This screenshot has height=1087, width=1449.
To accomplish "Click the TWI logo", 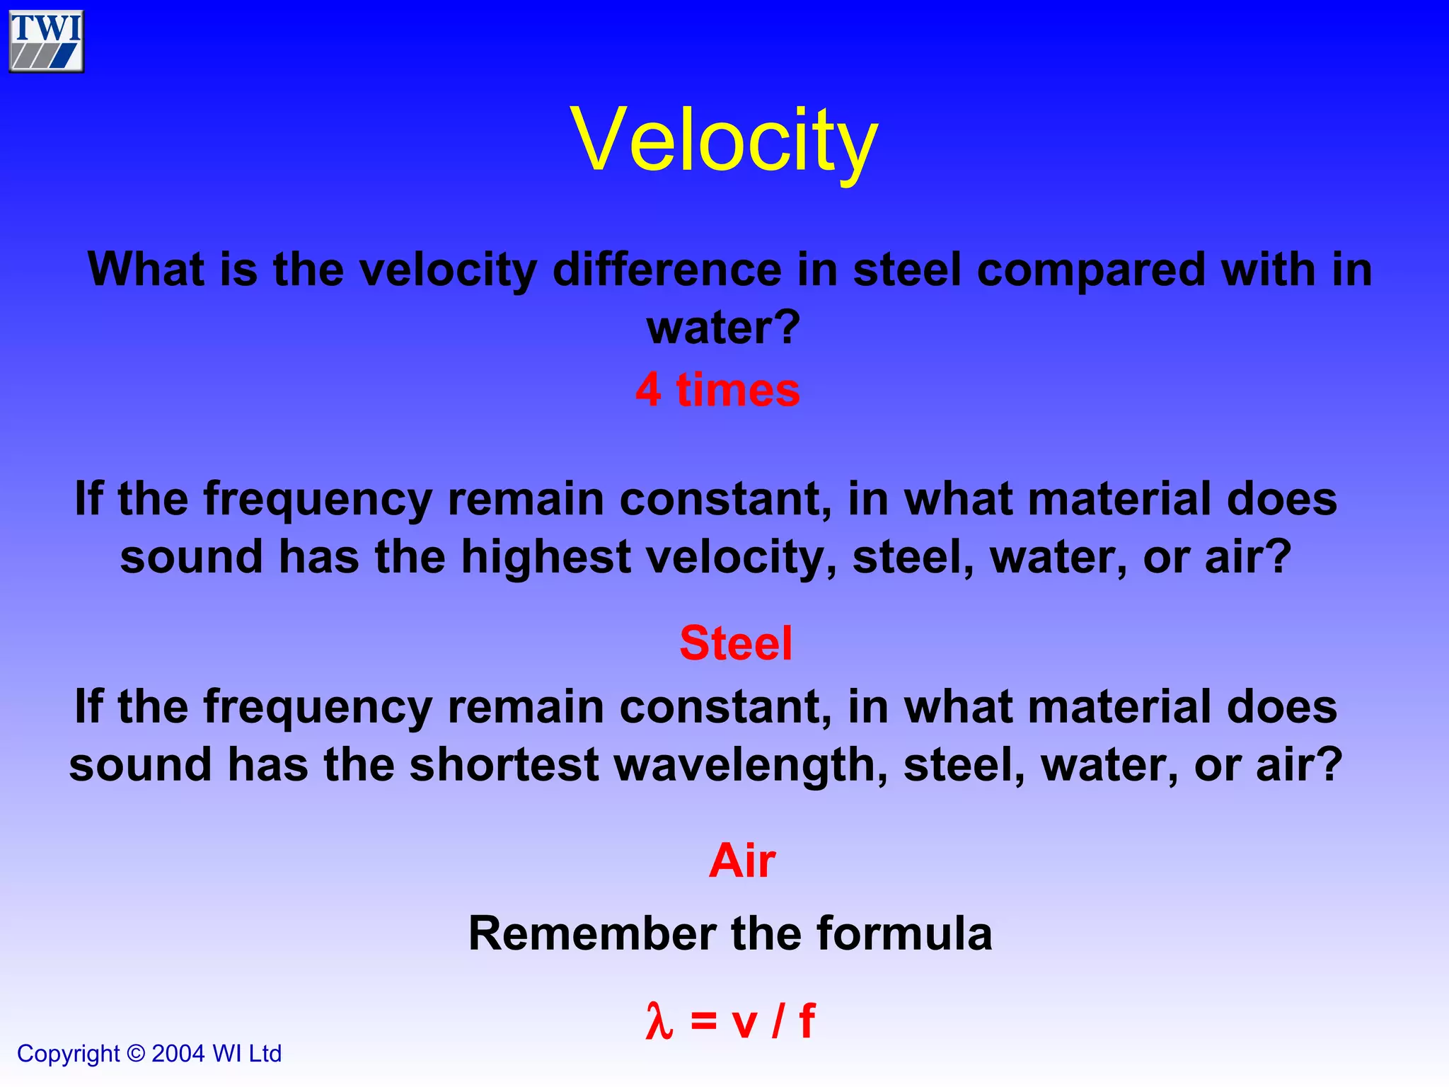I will (x=47, y=41).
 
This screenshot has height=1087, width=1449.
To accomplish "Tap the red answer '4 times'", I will (x=717, y=390).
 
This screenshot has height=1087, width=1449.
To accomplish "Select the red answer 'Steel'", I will (x=735, y=643).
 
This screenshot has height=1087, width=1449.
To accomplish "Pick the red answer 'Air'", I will (x=742, y=861).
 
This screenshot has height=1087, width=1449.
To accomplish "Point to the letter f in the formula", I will (x=807, y=1021).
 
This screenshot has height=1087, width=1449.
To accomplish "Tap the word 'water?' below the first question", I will (x=723, y=328).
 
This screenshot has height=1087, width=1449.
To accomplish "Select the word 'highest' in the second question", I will (x=545, y=557).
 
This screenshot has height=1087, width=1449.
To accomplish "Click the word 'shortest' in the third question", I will (x=504, y=765).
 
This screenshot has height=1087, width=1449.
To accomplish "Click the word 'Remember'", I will (x=592, y=933).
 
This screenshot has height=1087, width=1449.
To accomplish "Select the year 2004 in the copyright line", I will (x=178, y=1054).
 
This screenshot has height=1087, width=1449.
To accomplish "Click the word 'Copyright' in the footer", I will (x=68, y=1054).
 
